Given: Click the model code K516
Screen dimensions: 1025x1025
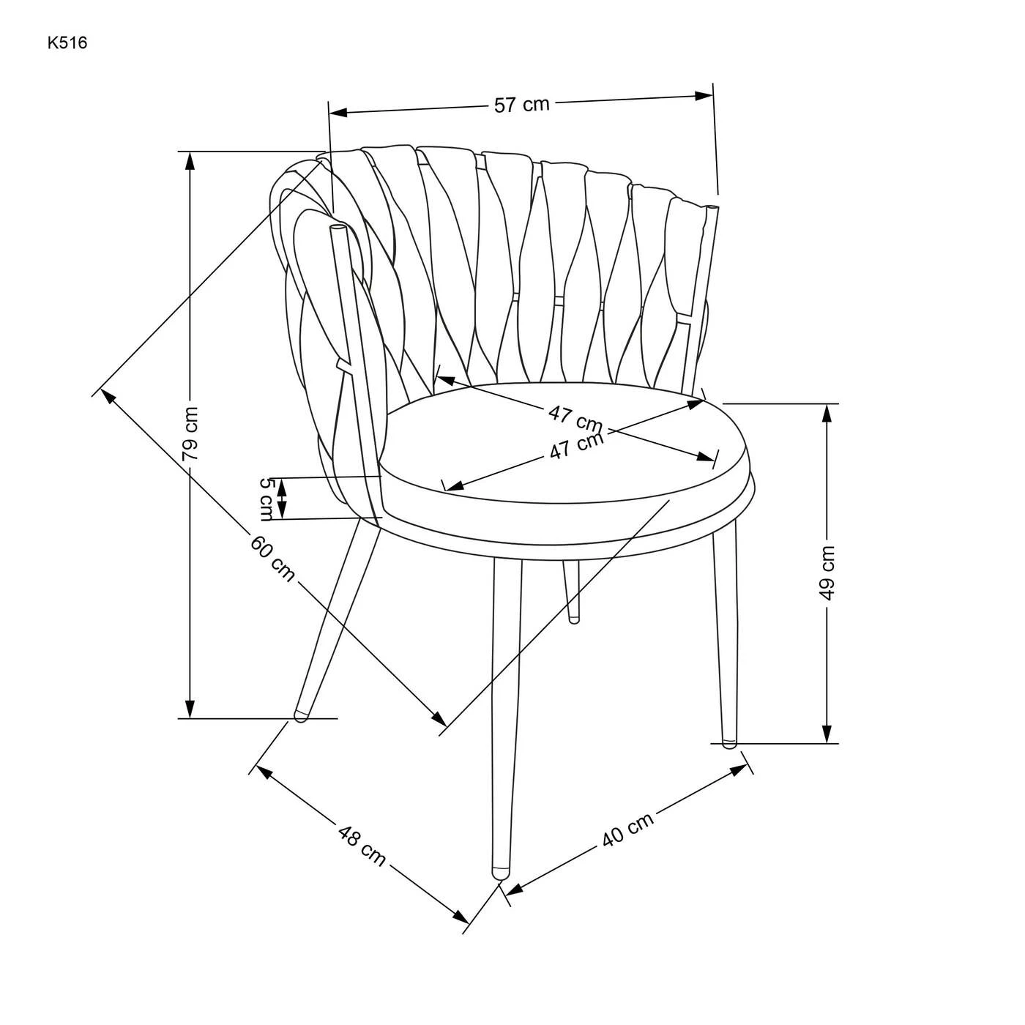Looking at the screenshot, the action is [x=67, y=43].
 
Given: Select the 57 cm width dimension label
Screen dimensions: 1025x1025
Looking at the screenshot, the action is [x=521, y=104].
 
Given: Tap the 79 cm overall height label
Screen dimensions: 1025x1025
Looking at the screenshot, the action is [x=190, y=434].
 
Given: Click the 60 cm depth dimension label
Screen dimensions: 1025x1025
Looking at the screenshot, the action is [x=272, y=559].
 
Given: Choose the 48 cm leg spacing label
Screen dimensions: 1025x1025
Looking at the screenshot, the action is [x=362, y=845].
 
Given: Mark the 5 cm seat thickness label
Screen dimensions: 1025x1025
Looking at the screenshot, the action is [x=267, y=499].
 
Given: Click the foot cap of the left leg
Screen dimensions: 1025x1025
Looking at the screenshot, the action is [x=301, y=715].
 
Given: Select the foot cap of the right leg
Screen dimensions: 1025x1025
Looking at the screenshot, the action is [x=729, y=743].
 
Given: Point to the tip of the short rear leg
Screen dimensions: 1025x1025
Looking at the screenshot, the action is [x=573, y=619].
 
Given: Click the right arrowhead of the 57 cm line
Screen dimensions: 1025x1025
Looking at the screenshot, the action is [x=703, y=96].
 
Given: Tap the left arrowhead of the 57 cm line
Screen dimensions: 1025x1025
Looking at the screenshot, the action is [x=338, y=112].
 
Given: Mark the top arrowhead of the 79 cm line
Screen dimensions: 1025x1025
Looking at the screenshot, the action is [x=190, y=161].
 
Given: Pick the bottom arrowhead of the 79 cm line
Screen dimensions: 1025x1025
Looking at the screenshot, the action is [x=190, y=709].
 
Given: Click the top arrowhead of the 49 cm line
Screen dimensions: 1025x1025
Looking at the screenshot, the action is [x=827, y=414].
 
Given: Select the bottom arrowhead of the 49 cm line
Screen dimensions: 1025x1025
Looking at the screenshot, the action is [x=827, y=734].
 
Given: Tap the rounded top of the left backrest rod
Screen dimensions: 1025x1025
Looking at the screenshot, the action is [x=337, y=228].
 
